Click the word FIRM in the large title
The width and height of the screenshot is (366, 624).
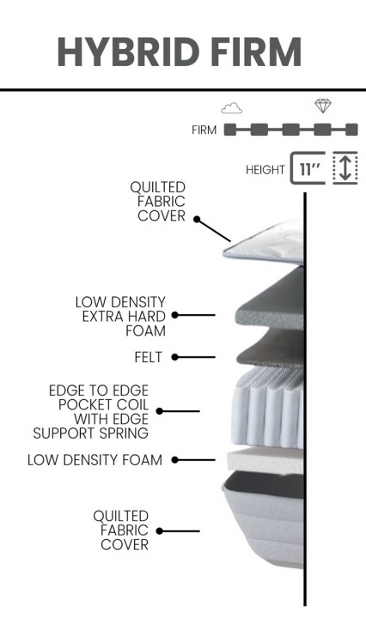pyautogui.click(x=256, y=52)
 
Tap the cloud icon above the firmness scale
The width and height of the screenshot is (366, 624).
pyautogui.click(x=232, y=108)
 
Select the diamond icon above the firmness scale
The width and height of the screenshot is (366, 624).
pyautogui.click(x=322, y=106)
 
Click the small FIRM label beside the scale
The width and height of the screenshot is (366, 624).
pyautogui.click(x=204, y=130)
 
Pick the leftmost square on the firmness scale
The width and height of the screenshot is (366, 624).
pyautogui.click(x=229, y=130)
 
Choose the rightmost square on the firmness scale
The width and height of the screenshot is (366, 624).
pyautogui.click(x=351, y=130)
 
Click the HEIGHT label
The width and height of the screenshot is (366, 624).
pyautogui.click(x=265, y=170)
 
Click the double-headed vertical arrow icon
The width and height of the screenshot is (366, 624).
pyautogui.click(x=345, y=168)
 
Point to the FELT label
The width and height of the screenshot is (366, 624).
pyautogui.click(x=148, y=357)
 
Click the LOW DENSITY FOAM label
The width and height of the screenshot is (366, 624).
pyautogui.click(x=95, y=460)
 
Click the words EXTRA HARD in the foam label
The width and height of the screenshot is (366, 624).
pyautogui.click(x=124, y=317)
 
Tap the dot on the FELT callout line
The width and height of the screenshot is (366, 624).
pyautogui.click(x=174, y=357)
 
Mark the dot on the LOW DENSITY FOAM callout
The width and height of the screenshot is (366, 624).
pyautogui.click(x=174, y=460)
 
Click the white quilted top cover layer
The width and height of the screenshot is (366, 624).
pyautogui.click(x=264, y=244)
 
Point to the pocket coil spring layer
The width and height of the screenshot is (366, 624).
pyautogui.click(x=268, y=407)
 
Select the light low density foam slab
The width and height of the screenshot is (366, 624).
pyautogui.click(x=265, y=460)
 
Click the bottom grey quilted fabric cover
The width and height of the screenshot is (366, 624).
pyautogui.click(x=264, y=519)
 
